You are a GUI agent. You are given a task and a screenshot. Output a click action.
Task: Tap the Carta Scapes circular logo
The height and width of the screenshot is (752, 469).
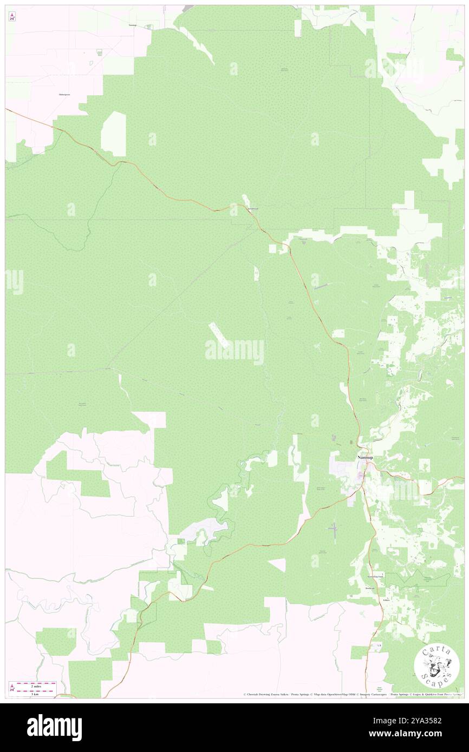coord(437,665)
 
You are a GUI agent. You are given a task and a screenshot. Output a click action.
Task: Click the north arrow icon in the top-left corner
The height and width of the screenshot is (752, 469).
coord(12,16)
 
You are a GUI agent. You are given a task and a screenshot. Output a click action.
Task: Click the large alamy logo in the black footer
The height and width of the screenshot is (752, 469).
coord(54,728)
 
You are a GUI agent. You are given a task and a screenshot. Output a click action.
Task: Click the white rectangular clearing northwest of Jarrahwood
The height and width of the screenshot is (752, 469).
coord(114,134)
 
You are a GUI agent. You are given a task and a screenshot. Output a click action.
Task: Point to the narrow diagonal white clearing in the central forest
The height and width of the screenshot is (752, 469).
coord(219,335)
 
